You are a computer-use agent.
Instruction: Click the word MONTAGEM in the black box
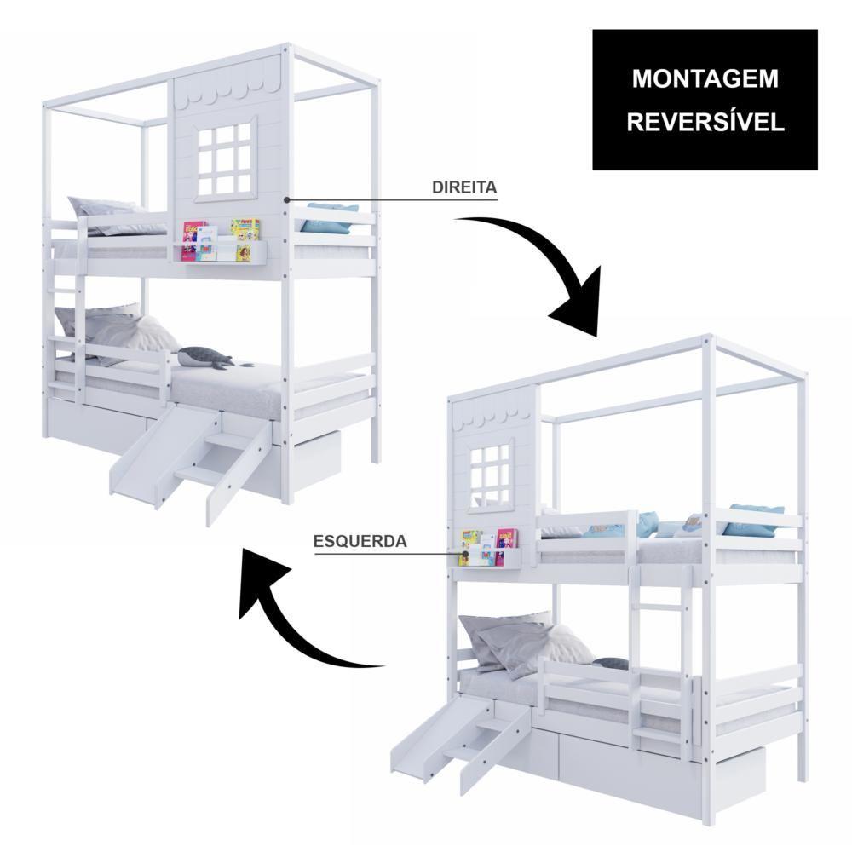tap(705, 78)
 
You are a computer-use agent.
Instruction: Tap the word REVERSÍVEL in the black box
tap(705, 122)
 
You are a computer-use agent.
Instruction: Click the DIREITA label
tap(464, 187)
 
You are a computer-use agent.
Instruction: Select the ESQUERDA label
tap(360, 541)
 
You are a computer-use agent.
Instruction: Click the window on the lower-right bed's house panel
tap(491, 473)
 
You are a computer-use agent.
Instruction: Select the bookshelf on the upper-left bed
tap(221, 242)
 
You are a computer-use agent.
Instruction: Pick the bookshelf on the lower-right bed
tap(486, 550)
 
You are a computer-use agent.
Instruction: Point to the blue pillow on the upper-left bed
tap(329, 217)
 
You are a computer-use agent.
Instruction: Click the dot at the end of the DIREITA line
tap(286, 200)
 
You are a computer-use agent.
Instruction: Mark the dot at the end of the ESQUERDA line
tap(466, 554)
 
